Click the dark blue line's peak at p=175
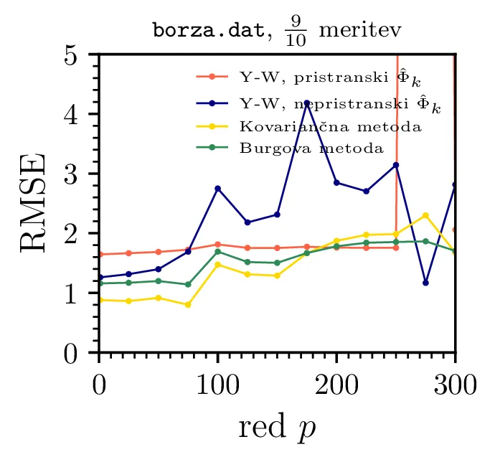point(307,103)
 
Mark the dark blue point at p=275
point(425,283)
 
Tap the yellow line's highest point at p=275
point(425,215)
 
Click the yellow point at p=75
point(188,305)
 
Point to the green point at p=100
point(217,251)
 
